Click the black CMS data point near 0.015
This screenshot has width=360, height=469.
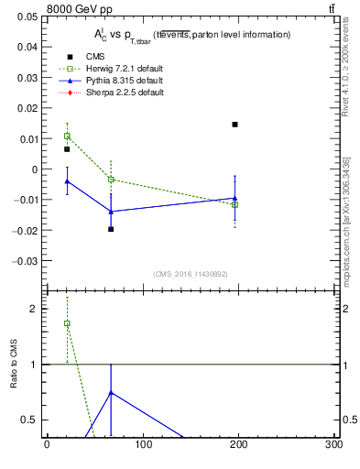235,125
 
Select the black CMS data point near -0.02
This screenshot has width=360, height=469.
111,229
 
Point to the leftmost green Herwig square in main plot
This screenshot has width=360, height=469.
66,136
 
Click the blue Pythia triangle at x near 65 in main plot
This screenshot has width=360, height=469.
111,212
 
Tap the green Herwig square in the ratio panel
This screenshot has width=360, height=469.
66,323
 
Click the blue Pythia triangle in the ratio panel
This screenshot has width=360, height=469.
111,393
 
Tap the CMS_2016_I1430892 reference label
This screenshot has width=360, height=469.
190,274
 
